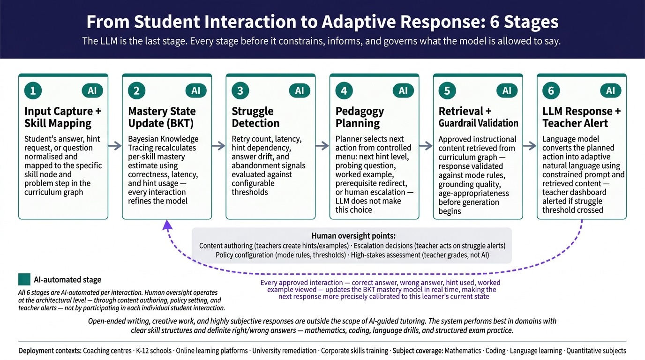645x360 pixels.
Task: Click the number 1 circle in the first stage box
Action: tap(33, 90)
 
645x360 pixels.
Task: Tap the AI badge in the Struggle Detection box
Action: tap(300, 90)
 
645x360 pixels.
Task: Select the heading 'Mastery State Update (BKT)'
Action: tap(162, 117)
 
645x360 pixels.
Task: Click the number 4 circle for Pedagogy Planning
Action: tap(344, 90)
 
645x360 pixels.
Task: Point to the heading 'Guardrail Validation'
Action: tap(479, 123)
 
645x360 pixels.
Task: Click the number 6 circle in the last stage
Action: tap(551, 90)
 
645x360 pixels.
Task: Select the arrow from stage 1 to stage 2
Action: tap(115, 146)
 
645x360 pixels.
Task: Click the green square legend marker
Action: tap(24, 280)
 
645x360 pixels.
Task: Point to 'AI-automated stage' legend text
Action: tap(67, 280)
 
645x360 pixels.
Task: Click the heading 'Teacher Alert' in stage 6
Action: tap(575, 123)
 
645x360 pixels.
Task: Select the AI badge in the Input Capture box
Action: tap(92, 90)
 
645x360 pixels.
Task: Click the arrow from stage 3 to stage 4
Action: tap(322, 146)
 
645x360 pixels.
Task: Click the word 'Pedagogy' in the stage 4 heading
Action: tap(360, 112)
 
